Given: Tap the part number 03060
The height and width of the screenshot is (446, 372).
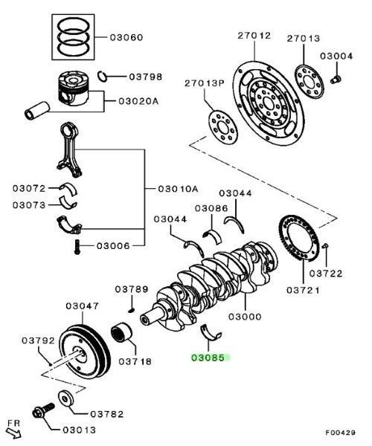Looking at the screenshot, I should tap(127, 37).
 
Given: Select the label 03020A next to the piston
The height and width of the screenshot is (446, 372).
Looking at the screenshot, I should tap(137, 102).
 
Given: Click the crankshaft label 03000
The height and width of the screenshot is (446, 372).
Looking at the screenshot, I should tap(245, 317).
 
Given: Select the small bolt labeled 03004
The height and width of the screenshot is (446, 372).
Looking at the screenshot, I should tap(335, 77).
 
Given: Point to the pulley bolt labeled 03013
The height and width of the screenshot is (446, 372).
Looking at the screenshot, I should tap(41, 410).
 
